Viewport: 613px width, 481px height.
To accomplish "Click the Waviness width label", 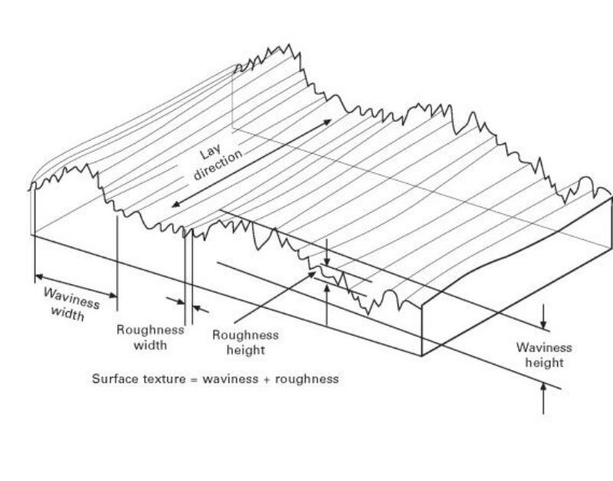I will click(x=71, y=304).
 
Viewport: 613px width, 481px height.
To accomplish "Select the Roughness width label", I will click(x=150, y=337).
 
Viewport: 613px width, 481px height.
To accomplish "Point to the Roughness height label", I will click(x=245, y=342).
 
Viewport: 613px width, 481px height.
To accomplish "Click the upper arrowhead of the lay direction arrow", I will click(x=329, y=122).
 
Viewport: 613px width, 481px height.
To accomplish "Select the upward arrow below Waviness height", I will click(x=543, y=388).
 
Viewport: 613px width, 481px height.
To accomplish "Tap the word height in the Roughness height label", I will click(x=245, y=350).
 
